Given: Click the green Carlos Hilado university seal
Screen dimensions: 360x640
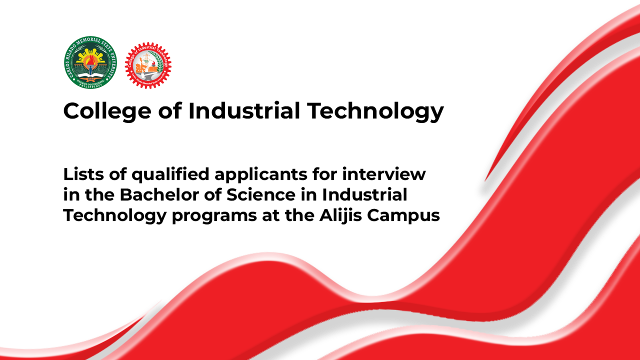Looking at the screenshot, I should (90, 62).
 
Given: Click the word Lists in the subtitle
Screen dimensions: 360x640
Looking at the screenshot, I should (79, 174).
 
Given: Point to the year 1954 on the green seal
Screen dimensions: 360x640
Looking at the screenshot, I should (90, 79).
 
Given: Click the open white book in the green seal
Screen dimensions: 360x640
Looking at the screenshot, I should (90, 72).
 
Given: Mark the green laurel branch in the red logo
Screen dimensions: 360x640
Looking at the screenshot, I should (158, 62).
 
